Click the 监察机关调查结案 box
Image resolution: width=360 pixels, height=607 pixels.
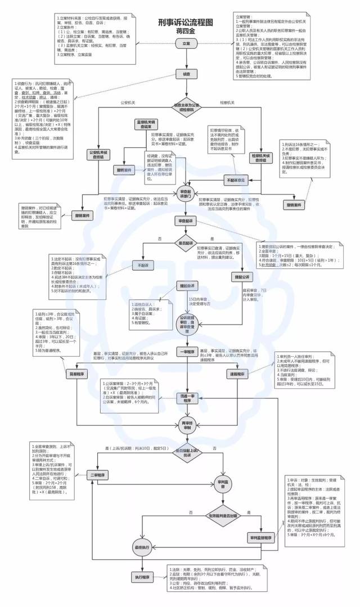click(x=145, y=124)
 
